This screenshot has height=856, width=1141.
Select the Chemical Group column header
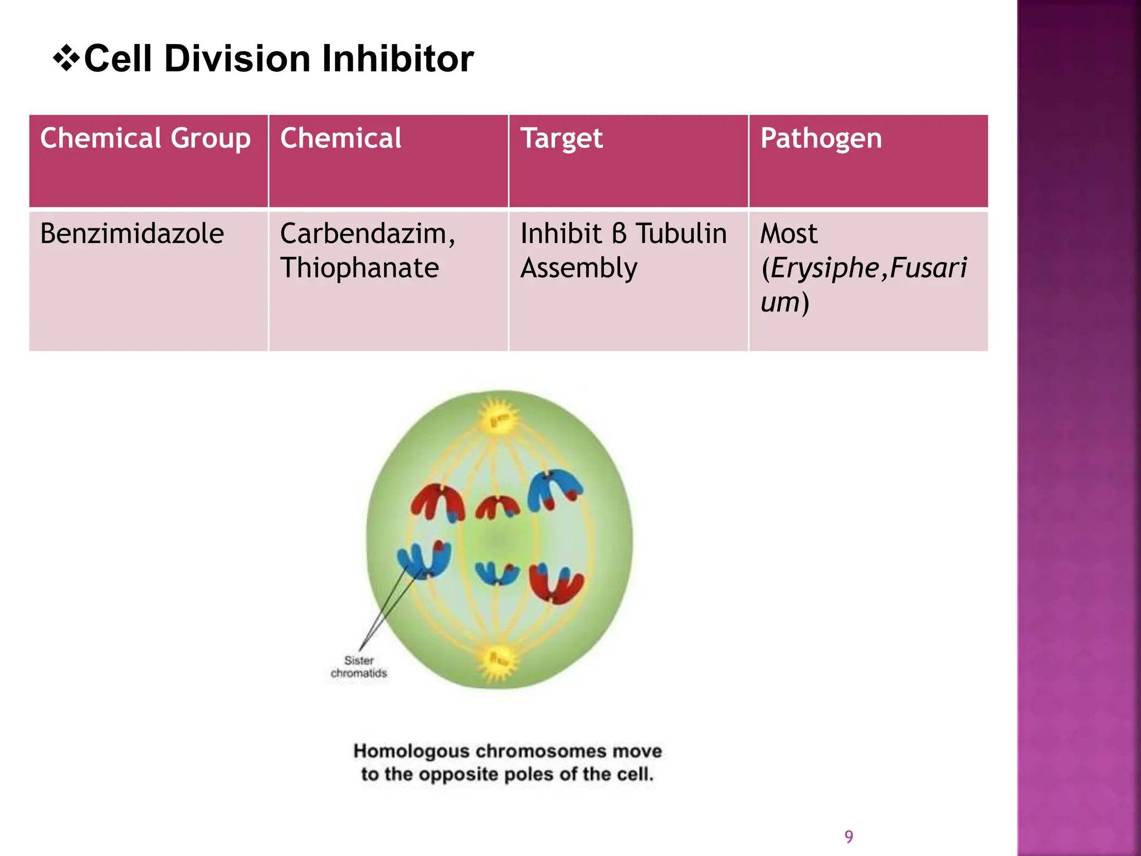pos(145,138)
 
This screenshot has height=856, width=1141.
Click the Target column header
pos(561,138)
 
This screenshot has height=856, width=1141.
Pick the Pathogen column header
pos(821,138)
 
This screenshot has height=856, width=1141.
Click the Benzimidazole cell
pos(132,234)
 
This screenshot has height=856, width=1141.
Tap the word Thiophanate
pos(359,268)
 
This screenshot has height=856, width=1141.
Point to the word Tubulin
pos(681,234)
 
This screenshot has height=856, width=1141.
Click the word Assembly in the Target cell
pos(578,268)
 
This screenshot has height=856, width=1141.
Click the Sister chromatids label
pos(358,667)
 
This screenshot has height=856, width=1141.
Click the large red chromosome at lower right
pos(556,583)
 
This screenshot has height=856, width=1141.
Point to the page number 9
pos(849,836)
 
